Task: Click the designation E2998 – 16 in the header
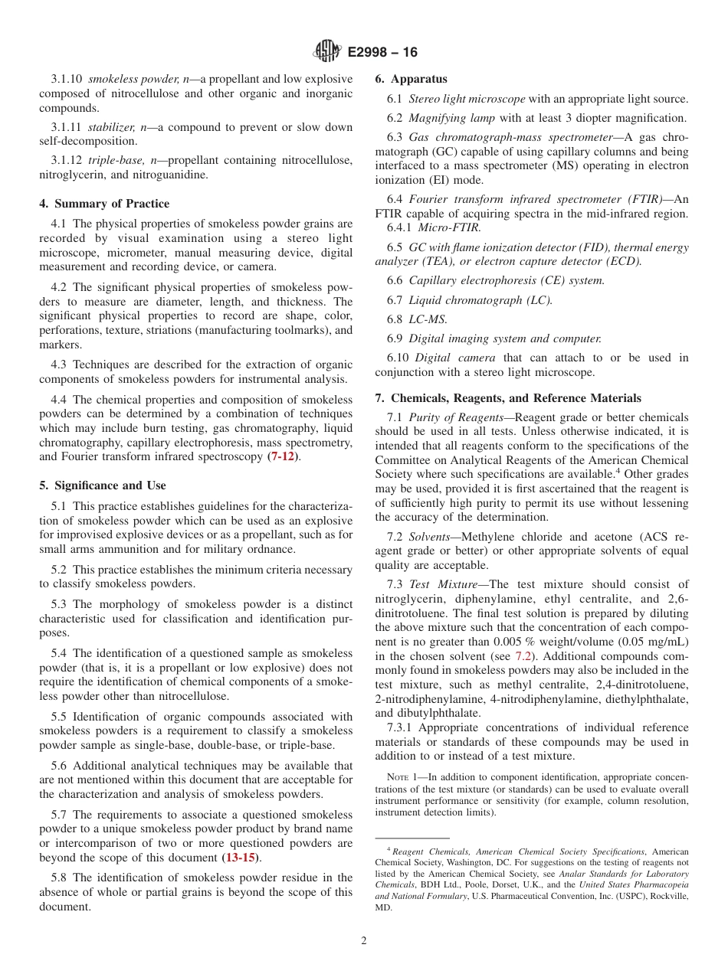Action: (382, 52)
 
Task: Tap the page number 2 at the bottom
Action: (364, 941)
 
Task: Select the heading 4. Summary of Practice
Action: (104, 204)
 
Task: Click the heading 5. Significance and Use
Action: (103, 485)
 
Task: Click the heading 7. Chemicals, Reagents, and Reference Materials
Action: (508, 398)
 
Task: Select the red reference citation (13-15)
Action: (240, 858)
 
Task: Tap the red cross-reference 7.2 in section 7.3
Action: (525, 656)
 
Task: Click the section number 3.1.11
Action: (66, 127)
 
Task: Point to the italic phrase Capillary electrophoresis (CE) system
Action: (507, 280)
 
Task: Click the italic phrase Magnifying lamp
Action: (451, 118)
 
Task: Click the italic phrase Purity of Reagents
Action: (457, 417)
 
